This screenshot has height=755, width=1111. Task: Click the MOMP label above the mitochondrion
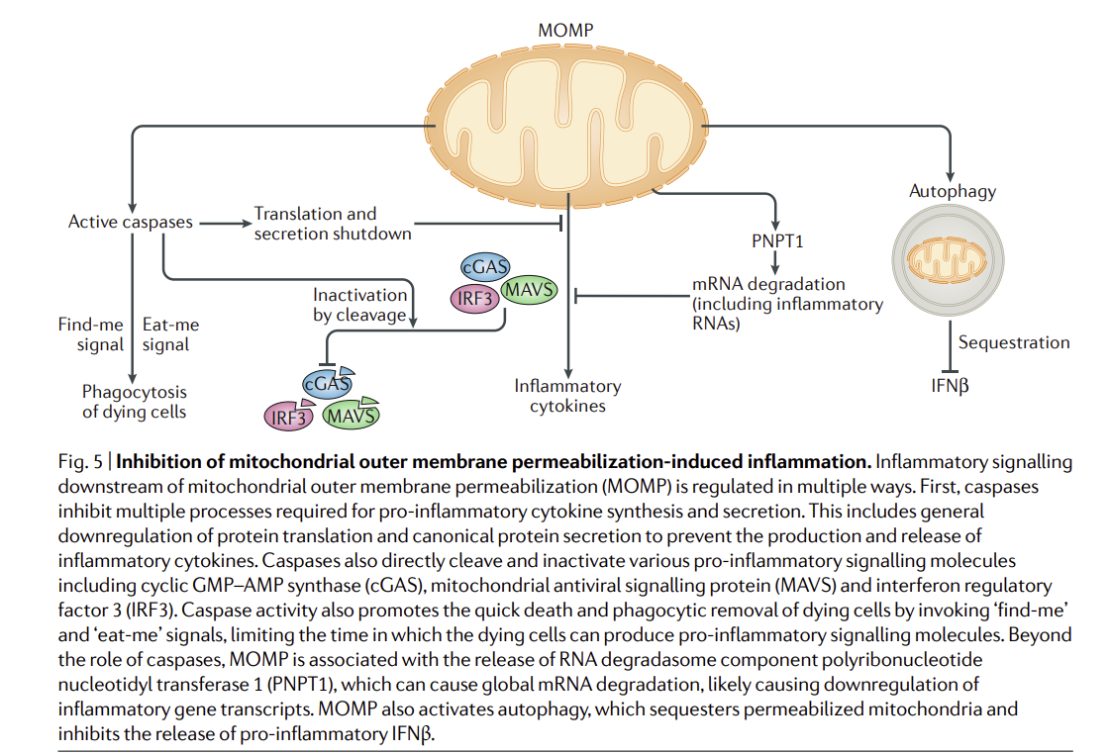coord(565,30)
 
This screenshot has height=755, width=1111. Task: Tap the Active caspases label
coord(130,223)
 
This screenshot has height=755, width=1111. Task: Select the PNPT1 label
coord(777,237)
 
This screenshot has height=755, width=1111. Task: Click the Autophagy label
coord(952,191)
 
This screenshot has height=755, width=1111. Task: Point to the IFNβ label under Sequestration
coord(950,385)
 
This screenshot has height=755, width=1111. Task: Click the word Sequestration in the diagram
coord(1014,342)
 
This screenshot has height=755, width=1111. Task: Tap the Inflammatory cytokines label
coord(567,395)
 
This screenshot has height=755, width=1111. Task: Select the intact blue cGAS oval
coord(486,266)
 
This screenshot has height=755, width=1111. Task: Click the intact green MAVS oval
coord(529,290)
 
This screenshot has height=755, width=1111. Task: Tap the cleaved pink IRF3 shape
coord(289,417)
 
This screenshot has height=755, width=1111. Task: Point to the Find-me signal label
coord(91,334)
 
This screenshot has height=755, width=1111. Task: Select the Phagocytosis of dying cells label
coord(134,402)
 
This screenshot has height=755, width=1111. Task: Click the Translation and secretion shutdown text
coord(332,224)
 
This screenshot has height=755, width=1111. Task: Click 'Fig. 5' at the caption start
coord(79,462)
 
